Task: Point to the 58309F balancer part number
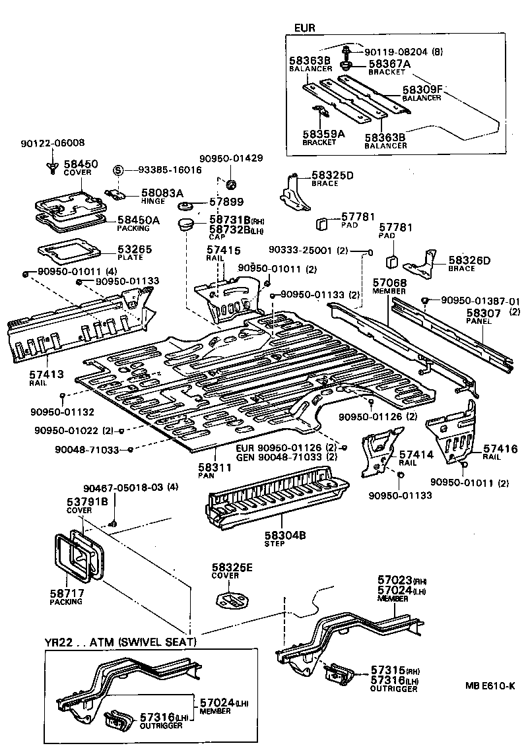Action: [422, 89]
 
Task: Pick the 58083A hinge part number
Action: [162, 193]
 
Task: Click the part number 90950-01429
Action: [231, 158]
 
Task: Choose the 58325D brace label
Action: [332, 175]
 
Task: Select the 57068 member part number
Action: [389, 282]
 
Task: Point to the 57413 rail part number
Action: [47, 373]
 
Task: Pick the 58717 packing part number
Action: [66, 593]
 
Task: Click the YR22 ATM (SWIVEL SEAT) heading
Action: [120, 642]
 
